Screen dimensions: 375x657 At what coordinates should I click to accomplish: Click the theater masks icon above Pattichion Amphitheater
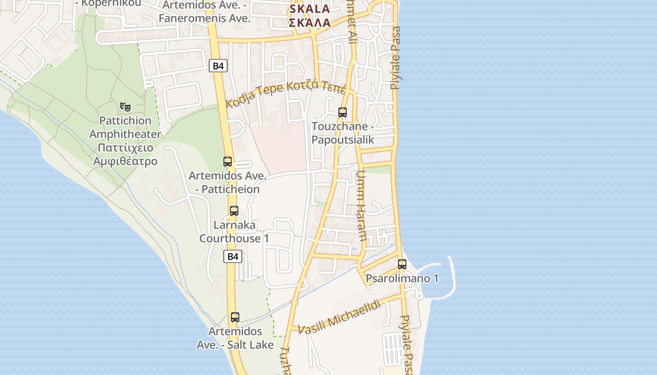click(x=125, y=107)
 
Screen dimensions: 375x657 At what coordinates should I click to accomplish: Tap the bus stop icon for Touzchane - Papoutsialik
click(x=343, y=112)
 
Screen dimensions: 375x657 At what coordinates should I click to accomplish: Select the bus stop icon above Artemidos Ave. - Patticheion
click(x=228, y=162)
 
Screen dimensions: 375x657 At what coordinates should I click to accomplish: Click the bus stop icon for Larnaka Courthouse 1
click(x=234, y=211)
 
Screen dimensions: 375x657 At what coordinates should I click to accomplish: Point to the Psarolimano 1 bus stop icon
click(x=402, y=264)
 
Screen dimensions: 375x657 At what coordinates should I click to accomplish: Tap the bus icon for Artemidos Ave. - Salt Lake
click(x=235, y=317)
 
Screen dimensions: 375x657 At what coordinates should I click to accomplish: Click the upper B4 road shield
click(x=218, y=66)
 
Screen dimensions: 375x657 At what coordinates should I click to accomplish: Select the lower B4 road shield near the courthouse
click(x=233, y=256)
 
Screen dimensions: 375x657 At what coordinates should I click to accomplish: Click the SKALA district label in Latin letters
click(x=310, y=9)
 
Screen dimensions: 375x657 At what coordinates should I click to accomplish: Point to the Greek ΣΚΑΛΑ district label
click(x=310, y=22)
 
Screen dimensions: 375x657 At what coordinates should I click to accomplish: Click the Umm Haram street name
click(x=361, y=206)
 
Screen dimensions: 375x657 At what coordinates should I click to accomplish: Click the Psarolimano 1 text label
click(x=402, y=278)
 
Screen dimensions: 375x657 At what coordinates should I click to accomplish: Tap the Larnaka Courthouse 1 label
click(x=234, y=232)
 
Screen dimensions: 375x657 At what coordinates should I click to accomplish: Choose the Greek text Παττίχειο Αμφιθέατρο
click(x=125, y=155)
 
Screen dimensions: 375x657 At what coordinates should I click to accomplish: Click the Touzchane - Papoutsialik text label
click(x=343, y=133)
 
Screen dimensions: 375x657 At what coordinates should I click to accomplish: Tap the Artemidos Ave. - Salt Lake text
click(x=235, y=338)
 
